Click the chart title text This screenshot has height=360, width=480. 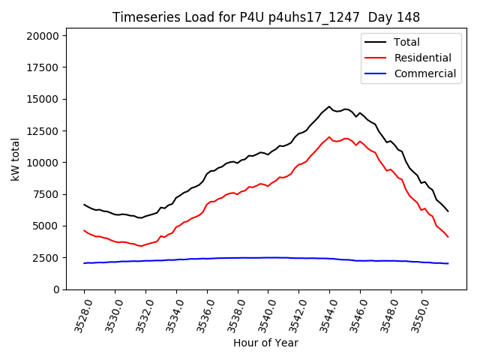[x=266, y=17]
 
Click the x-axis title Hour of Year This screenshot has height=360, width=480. [x=265, y=343]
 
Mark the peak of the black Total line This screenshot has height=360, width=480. [x=329, y=106]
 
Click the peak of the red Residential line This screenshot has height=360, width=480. [x=329, y=137]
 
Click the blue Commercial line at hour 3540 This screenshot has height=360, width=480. [x=268, y=257]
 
